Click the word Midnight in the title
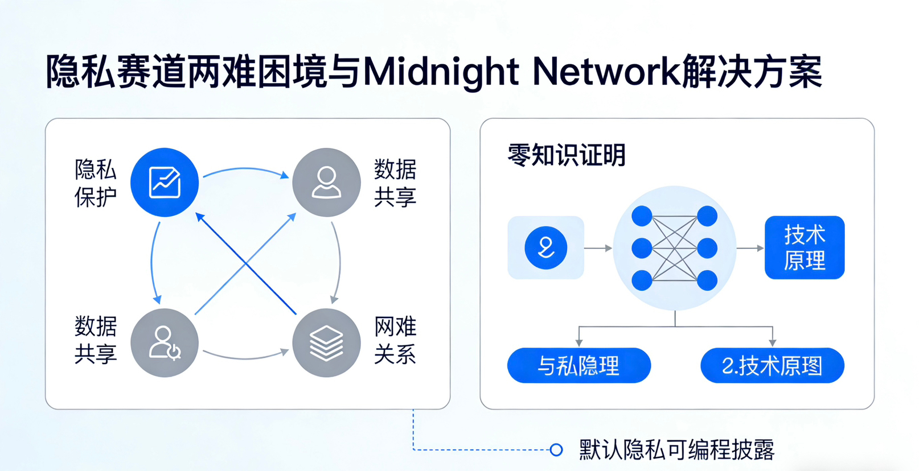(x=440, y=72)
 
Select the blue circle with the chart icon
(x=165, y=182)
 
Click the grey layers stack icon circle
(x=326, y=343)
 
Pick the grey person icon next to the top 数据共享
(x=326, y=182)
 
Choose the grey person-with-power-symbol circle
(x=165, y=343)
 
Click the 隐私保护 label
(x=95, y=183)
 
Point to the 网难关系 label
(x=395, y=340)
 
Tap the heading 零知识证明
(x=566, y=155)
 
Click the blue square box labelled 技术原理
(x=804, y=247)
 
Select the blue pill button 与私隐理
(x=579, y=365)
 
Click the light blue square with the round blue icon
(x=545, y=247)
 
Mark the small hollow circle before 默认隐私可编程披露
(x=556, y=450)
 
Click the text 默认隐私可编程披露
(x=676, y=450)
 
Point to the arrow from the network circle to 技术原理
(x=750, y=248)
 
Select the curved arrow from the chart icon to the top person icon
(x=245, y=170)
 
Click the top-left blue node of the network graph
(x=642, y=216)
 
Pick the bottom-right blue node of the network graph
(x=707, y=280)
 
